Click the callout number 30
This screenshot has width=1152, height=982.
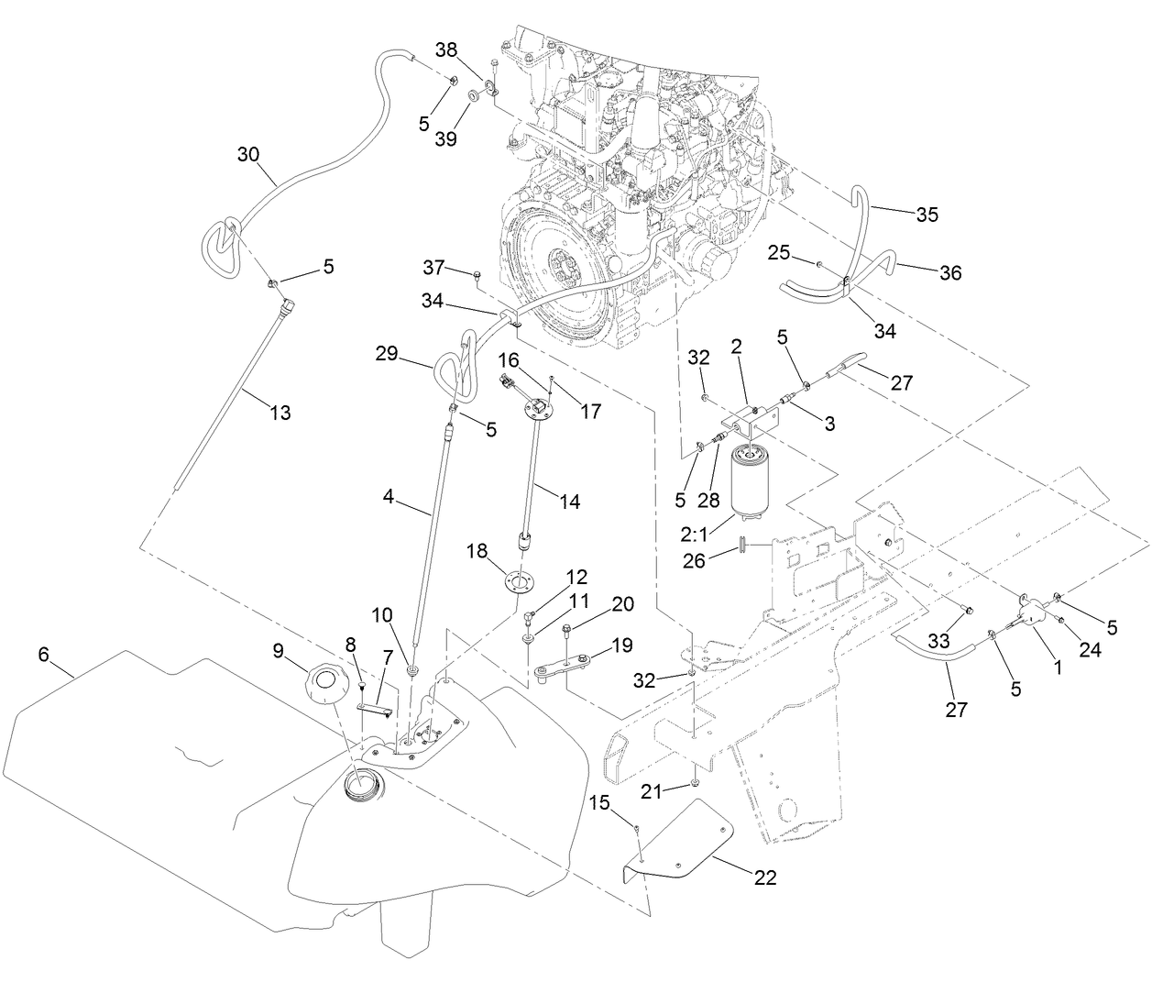click(x=248, y=154)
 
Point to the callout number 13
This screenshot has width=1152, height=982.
click(x=280, y=414)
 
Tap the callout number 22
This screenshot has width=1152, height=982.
click(x=765, y=877)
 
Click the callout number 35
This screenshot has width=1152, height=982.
click(x=927, y=215)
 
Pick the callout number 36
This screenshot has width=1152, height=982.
click(x=950, y=272)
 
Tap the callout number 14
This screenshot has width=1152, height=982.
click(x=570, y=502)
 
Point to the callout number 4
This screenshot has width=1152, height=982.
click(x=388, y=498)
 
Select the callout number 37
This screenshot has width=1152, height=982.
click(x=433, y=268)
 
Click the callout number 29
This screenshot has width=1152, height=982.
click(x=387, y=353)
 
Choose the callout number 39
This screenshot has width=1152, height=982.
click(x=446, y=138)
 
